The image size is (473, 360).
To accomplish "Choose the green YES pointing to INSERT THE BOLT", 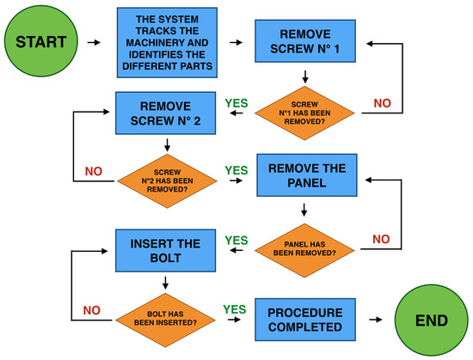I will tap(236, 240).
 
